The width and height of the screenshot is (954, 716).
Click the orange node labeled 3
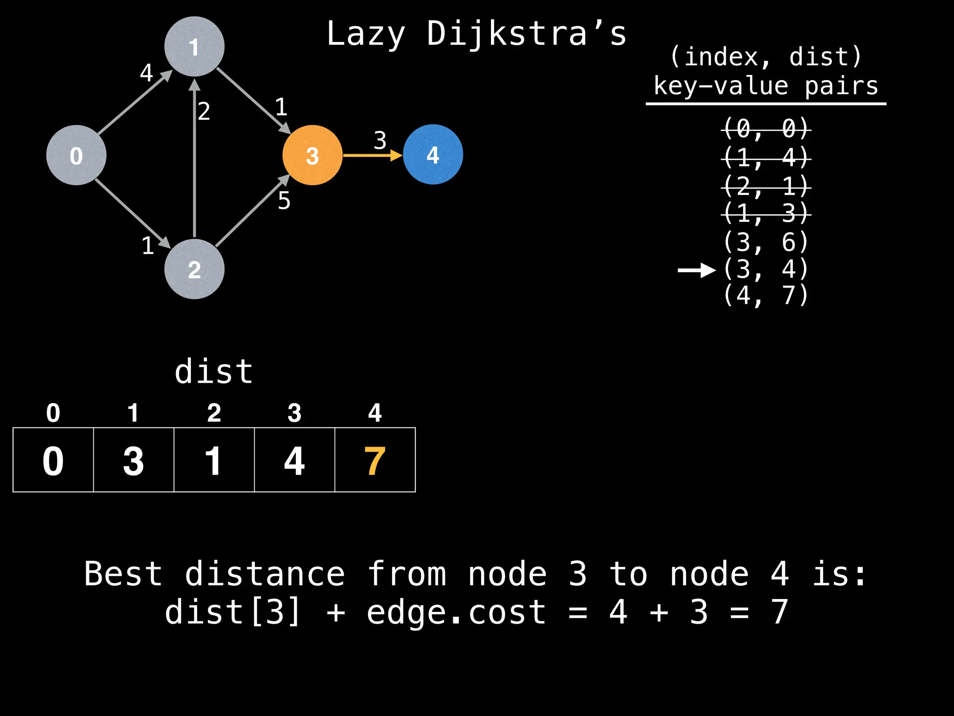[x=312, y=155]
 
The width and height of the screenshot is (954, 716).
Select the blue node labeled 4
[x=433, y=154]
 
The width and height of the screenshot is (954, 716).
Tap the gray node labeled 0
[x=76, y=155]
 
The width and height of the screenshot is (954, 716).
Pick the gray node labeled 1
[x=194, y=47]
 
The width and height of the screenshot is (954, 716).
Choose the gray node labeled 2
[x=194, y=269]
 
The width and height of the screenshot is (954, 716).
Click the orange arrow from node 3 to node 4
[x=373, y=155]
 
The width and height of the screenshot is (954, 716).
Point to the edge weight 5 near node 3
[x=284, y=201]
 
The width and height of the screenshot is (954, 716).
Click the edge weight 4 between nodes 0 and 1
[x=146, y=73]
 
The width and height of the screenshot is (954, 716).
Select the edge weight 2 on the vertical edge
[x=204, y=111]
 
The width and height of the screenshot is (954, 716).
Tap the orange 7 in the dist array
[x=375, y=461]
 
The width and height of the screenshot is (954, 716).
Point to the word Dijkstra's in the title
[x=527, y=34]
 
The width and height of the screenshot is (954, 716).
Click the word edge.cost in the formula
[x=456, y=612]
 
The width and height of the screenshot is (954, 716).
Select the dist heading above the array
[x=214, y=372]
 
